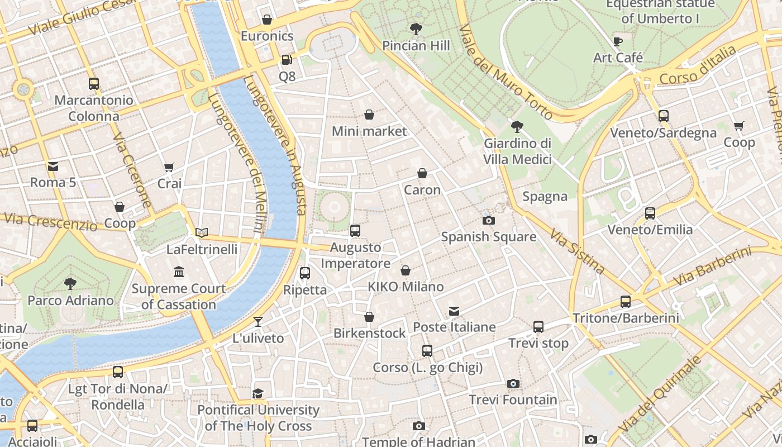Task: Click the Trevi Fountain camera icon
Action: pos(513,383)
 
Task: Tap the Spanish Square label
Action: pos(489,237)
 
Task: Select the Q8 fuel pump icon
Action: pos(287,59)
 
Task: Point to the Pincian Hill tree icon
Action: pos(416,28)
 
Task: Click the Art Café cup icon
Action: pos(618,41)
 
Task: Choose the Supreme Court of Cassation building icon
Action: pos(179,272)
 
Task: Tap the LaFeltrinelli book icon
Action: pos(202,232)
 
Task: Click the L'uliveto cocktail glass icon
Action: pos(258,321)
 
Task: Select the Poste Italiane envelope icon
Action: pos(454,311)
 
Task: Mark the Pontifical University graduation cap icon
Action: pos(258,393)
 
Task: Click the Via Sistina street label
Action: pos(576,251)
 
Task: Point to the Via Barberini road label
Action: pos(712,267)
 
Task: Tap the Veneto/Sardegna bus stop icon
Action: pos(663,116)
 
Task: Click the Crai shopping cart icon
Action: pos(169,167)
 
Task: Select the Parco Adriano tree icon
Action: pos(70,284)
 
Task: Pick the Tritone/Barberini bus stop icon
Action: pos(626,302)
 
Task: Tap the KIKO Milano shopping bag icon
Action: pos(406,270)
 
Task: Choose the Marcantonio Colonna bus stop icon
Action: pos(94,84)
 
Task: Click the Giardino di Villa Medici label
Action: pos(517,151)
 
